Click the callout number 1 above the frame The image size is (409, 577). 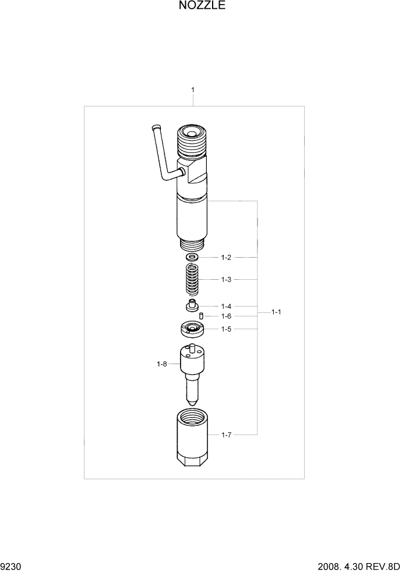(193, 90)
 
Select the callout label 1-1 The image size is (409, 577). (276, 312)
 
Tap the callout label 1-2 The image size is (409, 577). (226, 257)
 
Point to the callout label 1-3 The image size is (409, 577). (226, 280)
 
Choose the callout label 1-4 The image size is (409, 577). (226, 306)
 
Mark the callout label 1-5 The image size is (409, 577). (226, 329)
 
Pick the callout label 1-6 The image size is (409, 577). (226, 316)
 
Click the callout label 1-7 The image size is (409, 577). (226, 434)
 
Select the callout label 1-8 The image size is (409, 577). (161, 364)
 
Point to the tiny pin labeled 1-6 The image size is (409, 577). (200, 316)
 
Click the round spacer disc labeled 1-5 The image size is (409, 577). (191, 330)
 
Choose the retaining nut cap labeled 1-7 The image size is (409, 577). (192, 436)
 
